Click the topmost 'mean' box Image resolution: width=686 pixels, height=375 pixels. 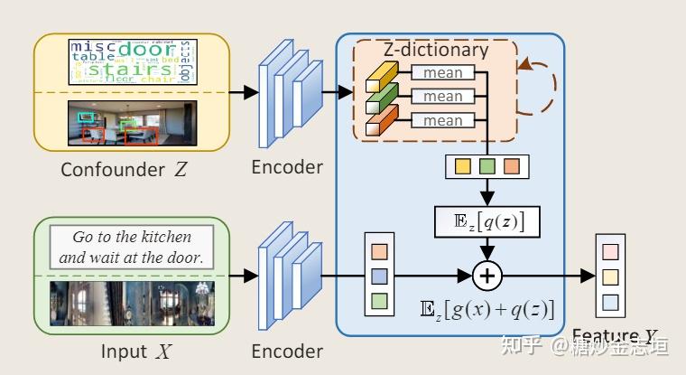coord(442,72)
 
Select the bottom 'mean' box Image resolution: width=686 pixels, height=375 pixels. coord(442,119)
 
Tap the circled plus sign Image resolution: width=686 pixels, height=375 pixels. coord(487,274)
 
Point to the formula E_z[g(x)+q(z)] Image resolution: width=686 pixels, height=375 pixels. coord(487,309)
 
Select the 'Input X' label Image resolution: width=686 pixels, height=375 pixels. coord(132,351)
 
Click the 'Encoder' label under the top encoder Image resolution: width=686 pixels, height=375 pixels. coord(287,167)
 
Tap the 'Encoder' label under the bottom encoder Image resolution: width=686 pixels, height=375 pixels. coord(287,351)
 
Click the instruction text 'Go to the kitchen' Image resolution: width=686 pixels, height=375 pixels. coord(132,238)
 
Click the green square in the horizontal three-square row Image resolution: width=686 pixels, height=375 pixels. coord(487,167)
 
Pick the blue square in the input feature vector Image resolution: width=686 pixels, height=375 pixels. coord(379,275)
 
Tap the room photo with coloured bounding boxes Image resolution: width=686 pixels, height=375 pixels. coord(132,124)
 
